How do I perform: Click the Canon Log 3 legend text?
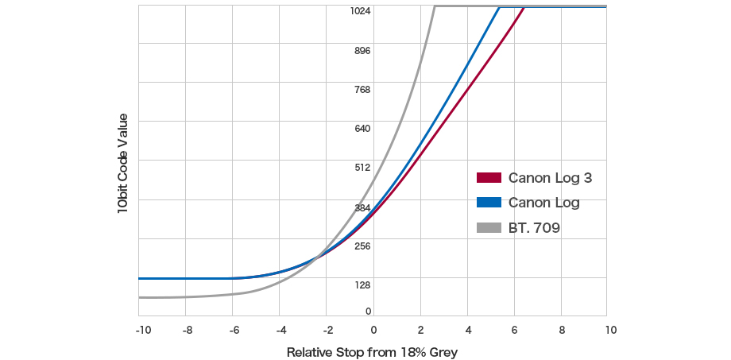[550, 178]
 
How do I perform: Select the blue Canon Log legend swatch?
[489, 203]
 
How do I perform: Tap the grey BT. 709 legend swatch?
[489, 228]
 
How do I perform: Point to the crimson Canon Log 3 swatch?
[489, 178]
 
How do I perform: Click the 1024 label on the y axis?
[362, 11]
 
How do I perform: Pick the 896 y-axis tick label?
[362, 51]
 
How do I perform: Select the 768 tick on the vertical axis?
[362, 90]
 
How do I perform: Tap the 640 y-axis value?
[362, 129]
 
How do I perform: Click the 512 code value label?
[362, 168]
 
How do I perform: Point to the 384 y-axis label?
[362, 207]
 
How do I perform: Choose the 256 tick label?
[362, 246]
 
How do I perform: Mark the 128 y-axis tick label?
[362, 285]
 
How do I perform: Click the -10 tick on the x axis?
[143, 329]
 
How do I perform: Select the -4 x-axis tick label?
[281, 329]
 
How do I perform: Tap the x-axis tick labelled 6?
[514, 329]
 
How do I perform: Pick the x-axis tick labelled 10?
[607, 329]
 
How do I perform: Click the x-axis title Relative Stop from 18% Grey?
[373, 351]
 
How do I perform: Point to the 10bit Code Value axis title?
[122, 163]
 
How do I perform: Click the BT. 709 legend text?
[534, 228]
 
